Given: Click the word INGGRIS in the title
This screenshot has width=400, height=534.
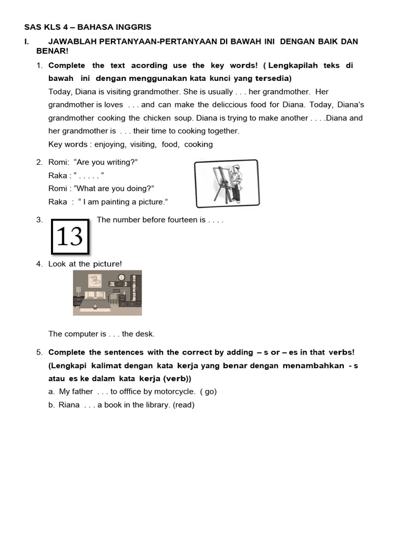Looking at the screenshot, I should coord(134,27).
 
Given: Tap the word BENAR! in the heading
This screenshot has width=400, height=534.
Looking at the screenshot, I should coord(52,51).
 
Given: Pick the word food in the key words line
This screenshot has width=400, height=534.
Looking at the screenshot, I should coord(170,144).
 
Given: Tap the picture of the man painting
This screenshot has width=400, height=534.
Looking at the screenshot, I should coord(226,184).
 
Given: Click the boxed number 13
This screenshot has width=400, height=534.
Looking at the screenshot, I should coord(70,237).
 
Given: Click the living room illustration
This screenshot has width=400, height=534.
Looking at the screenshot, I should coord(107,292).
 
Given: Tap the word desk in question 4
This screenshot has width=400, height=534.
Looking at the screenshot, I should coord(145,334).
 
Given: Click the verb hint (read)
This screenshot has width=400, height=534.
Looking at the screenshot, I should coord(183,405).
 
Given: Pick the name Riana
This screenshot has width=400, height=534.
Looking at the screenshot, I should coord(69,405).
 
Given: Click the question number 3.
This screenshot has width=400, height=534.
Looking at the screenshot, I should coord(40,220).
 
